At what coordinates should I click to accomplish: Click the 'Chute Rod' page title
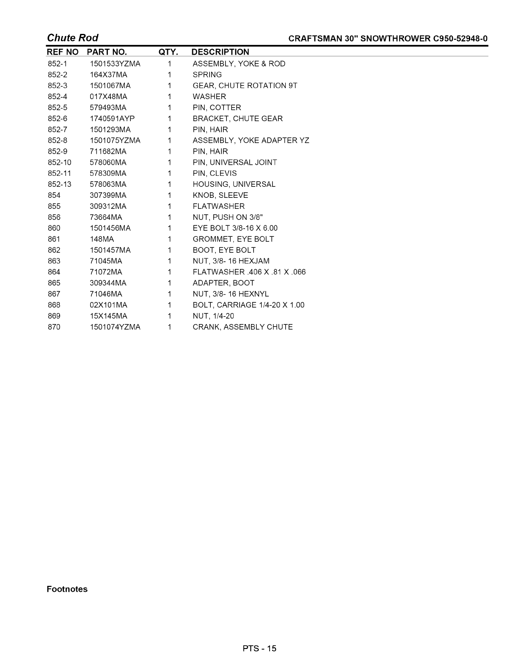coord(72,38)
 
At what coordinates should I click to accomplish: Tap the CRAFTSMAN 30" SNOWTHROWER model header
coord(388,39)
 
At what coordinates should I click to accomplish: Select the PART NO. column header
coord(107,52)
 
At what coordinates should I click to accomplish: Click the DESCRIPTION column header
coord(220,52)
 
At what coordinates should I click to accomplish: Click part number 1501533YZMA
coord(115,64)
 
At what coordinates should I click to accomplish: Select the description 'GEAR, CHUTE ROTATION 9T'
coord(245,86)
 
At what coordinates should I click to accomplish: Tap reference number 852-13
coord(59,185)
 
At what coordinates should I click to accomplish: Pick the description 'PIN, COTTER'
coord(217,108)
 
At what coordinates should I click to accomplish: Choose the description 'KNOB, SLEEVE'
coord(220,196)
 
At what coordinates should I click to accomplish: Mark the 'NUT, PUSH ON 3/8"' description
coord(228,218)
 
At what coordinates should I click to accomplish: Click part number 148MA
coord(102,239)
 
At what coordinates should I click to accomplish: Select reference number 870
coord(54,327)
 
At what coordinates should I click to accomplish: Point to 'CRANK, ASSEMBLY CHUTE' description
coord(242,327)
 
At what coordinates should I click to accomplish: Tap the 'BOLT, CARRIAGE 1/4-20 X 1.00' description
coord(248,305)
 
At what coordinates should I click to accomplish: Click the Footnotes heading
coord(67,589)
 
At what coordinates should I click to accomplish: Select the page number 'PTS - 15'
coord(259,649)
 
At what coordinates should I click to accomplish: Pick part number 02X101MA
coord(108,305)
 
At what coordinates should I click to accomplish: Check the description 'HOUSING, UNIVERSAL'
coord(234,185)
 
